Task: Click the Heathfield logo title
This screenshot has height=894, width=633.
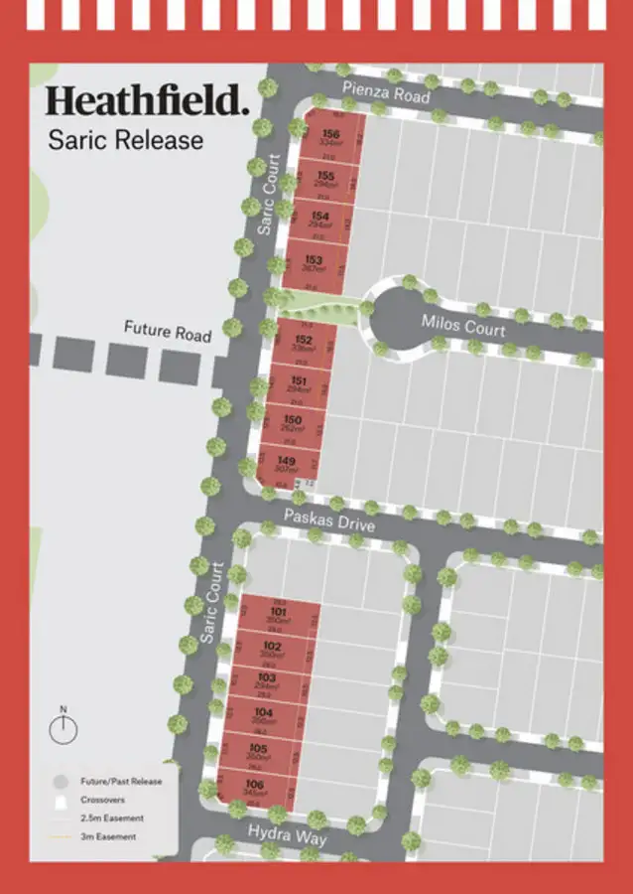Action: pos(147,101)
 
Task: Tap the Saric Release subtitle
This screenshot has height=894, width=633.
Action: pos(125,139)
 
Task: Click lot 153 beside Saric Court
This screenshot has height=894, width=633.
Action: pos(315,264)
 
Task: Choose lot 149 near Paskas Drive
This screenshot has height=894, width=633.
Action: pos(288,464)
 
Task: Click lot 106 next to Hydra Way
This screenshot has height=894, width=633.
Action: pos(255,789)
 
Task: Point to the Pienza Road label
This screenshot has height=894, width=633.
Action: pos(386,94)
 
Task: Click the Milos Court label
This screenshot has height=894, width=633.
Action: pos(462,325)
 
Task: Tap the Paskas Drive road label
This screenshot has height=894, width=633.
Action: pos(328,519)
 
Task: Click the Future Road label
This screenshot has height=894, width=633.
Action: pos(168,331)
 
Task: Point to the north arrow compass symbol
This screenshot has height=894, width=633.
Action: pos(63,728)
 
